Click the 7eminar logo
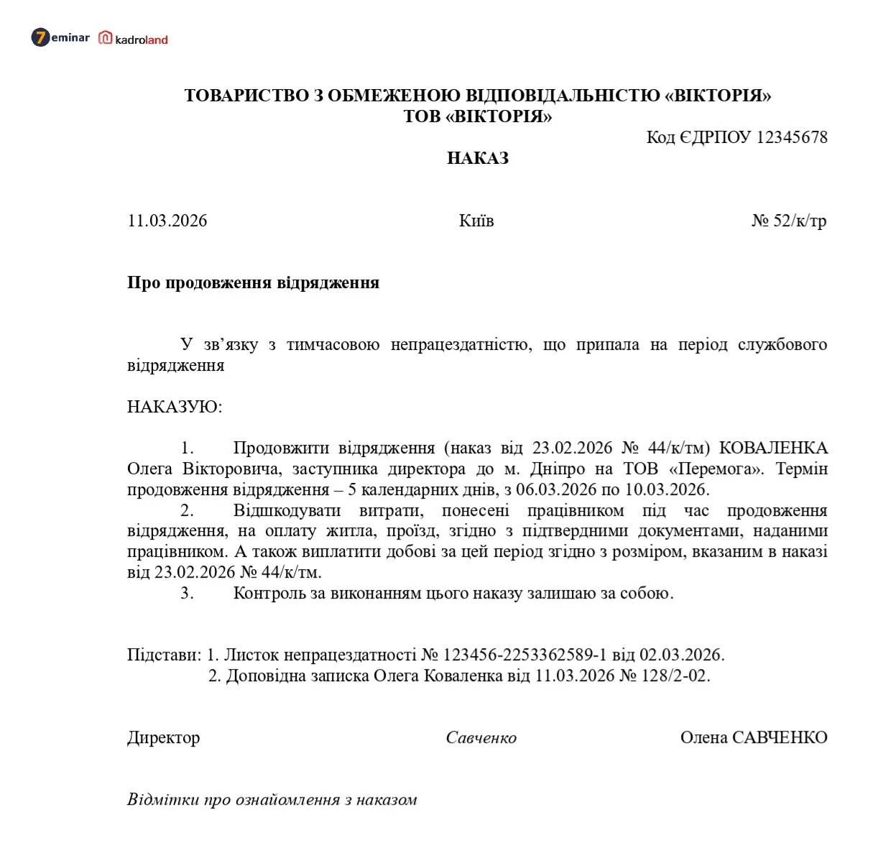pos(60,37)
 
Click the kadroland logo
pos(134,39)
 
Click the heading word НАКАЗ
pos(477,158)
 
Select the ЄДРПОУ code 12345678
pos(792,137)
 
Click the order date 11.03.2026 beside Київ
pos(167,221)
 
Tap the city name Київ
pos(476,221)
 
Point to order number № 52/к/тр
pos(789,221)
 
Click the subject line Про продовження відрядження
pos(253,282)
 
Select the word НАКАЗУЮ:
pos(175,407)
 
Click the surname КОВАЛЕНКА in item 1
pos(773,448)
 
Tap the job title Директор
pos(163,738)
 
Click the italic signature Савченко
pos(481,738)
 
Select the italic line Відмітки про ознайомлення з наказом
pos(272,800)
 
